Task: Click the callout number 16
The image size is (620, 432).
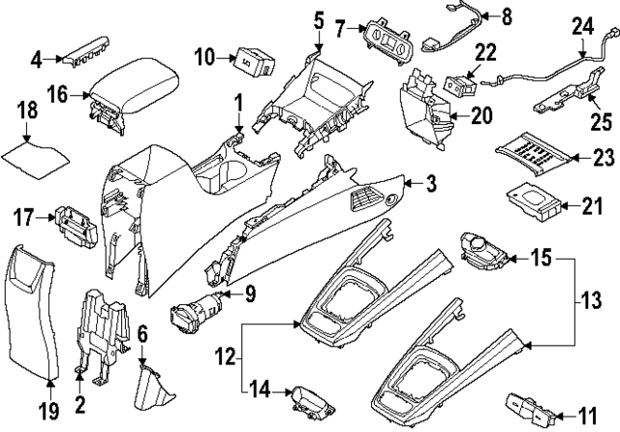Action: coord(57,95)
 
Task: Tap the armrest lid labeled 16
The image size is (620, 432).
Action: coord(133,93)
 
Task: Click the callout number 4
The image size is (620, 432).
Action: coord(37,60)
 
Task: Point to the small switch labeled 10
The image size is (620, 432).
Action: coord(254,61)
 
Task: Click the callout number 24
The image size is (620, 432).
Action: coord(583,27)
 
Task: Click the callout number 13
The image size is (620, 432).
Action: coord(592,300)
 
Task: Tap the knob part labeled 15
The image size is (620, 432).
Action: coord(484,252)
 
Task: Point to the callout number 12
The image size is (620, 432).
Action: coord(225,358)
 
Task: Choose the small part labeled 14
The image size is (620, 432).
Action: coord(314,400)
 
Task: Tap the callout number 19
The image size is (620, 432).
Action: coord(48,411)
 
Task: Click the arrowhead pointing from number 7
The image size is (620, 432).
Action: coord(363,28)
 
